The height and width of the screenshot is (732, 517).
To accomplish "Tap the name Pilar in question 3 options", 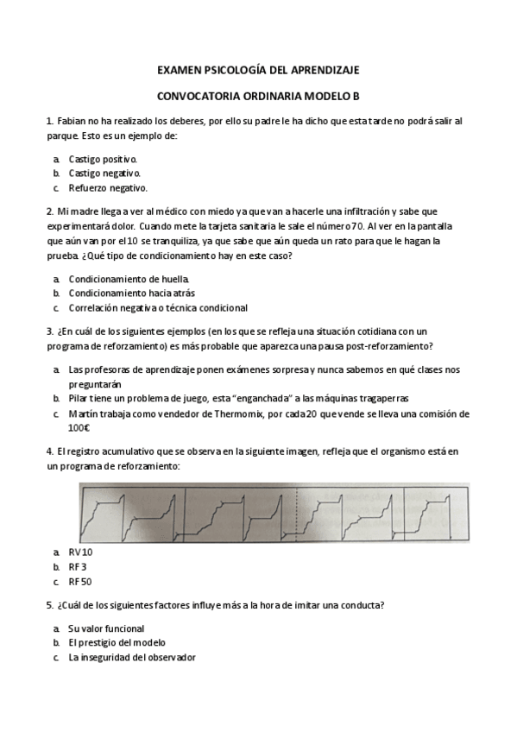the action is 80,398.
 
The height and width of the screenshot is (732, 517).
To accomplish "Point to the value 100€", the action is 79,427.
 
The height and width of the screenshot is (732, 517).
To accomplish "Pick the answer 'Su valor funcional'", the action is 106,628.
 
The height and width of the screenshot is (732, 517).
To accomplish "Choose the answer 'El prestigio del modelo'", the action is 117,642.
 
